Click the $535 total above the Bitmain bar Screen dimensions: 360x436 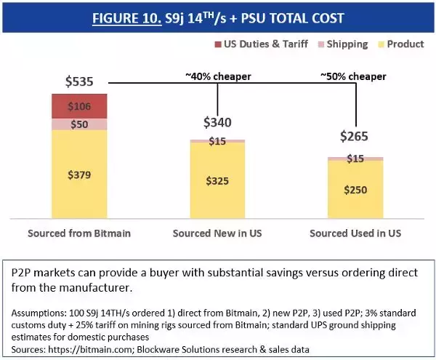(80, 81)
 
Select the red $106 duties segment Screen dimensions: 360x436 (79, 107)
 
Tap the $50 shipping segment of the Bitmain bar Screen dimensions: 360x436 (79, 124)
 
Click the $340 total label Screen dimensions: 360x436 (218, 122)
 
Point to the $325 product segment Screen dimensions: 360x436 (218, 180)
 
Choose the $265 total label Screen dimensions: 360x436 (355, 137)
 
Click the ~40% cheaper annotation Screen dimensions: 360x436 (218, 75)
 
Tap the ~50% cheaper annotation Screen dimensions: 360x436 (354, 75)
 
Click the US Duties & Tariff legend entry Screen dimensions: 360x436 (264, 44)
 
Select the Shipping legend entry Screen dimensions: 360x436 (342, 44)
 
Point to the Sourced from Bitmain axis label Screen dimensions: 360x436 (79, 233)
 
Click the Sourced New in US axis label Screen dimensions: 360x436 (218, 233)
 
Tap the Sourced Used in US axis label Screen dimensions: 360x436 (355, 233)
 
